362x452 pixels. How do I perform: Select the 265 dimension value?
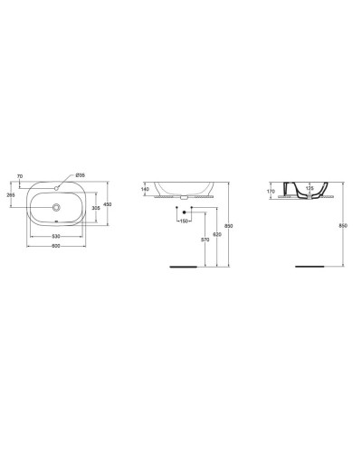[11, 193]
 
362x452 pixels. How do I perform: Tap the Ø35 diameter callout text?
[80, 174]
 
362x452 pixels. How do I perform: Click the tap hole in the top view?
[57, 188]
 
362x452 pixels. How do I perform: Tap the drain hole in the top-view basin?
[57, 208]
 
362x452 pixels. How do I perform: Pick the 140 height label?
[145, 190]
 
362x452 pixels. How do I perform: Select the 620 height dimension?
[216, 233]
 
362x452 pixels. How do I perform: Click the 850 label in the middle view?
[228, 226]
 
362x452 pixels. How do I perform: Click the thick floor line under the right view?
[310, 267]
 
